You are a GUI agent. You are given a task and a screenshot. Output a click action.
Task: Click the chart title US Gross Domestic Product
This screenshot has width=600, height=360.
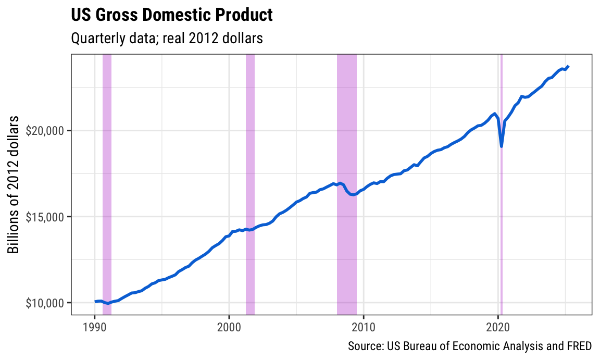point(171,15)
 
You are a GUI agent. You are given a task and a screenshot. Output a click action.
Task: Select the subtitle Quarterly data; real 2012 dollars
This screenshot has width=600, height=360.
point(166,38)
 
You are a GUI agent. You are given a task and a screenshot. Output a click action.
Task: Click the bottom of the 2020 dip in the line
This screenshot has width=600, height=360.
point(502,146)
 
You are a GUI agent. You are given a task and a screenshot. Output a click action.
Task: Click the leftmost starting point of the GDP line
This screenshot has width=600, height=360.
point(95,302)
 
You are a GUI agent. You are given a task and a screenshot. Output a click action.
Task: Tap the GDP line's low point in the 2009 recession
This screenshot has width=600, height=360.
point(353,195)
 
